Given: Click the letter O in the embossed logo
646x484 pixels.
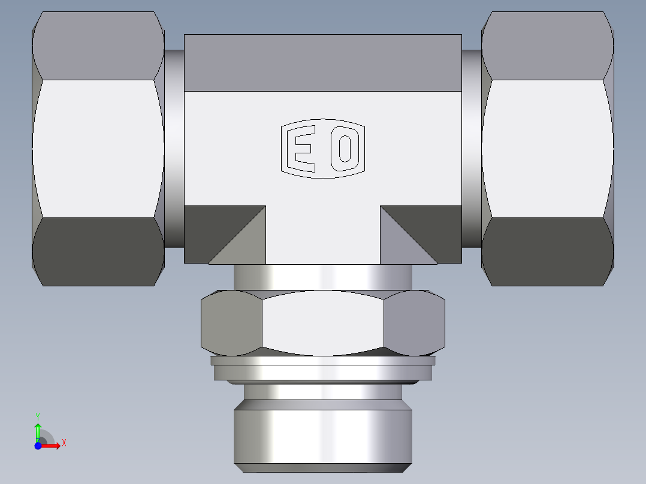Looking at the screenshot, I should [x=345, y=149].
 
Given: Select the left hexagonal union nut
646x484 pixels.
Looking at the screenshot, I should [x=98, y=149].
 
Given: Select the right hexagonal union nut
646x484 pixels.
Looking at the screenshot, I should [x=547, y=149].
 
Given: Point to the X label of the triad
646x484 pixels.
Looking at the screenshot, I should [x=64, y=443].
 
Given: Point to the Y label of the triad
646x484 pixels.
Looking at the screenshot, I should [x=37, y=415].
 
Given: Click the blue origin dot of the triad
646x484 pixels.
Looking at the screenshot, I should [x=38, y=446].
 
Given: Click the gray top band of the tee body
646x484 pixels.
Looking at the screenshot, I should [x=322, y=63].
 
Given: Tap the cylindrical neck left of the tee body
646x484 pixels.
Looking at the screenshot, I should [x=174, y=149].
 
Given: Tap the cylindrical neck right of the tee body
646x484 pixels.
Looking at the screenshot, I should [x=471, y=149].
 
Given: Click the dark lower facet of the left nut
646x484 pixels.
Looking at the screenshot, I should [x=98, y=252].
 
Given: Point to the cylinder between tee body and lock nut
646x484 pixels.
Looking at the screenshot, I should [x=322, y=277].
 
